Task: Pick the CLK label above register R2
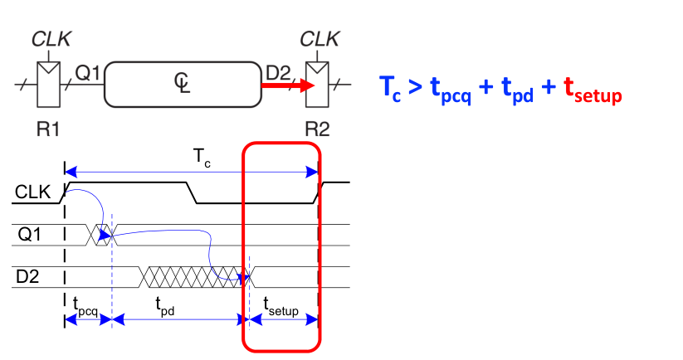coord(319,38)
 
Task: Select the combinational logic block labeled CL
coord(183,83)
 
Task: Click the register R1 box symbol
coord(50,84)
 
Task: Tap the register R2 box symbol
coord(319,84)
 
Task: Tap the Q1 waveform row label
coord(27,234)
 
